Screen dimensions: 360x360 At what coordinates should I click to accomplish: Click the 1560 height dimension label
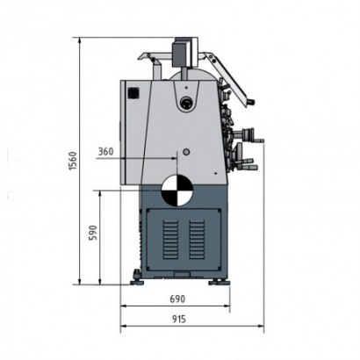pyautogui.click(x=72, y=161)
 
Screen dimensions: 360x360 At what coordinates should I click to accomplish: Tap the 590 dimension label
pyautogui.click(x=93, y=233)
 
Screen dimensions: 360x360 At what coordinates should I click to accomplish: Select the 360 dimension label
pyautogui.click(x=105, y=152)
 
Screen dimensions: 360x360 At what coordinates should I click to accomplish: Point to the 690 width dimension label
pyautogui.click(x=177, y=299)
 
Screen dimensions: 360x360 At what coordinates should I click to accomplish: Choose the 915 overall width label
pyautogui.click(x=178, y=319)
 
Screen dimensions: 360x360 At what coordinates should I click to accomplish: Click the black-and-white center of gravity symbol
pyautogui.click(x=176, y=190)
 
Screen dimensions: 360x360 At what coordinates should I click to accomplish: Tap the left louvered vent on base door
pyautogui.click(x=170, y=240)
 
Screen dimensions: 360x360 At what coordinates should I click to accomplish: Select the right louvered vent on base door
pyautogui.click(x=197, y=240)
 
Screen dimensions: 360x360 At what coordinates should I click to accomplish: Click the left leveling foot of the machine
pyautogui.click(x=137, y=278)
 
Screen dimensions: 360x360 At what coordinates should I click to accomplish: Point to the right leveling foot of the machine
pyautogui.click(x=219, y=283)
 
